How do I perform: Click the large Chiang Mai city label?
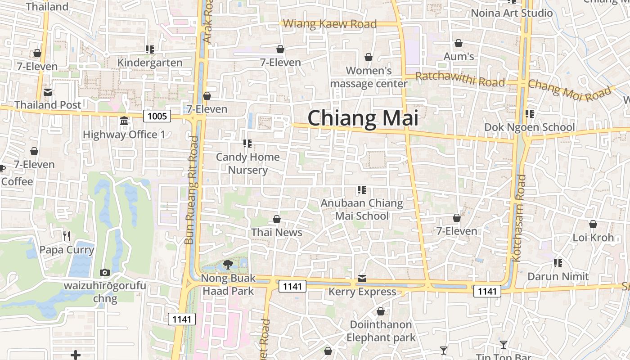(363, 118)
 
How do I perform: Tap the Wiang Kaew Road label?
(329, 23)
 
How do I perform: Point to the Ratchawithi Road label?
(460, 79)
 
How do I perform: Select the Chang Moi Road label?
(570, 91)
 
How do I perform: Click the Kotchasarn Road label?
(519, 218)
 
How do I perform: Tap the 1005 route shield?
(157, 117)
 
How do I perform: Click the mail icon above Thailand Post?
(48, 92)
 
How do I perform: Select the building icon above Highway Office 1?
(124, 121)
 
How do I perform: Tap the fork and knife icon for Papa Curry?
(67, 236)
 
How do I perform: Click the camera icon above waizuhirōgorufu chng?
(105, 272)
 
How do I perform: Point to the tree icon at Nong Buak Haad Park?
(228, 264)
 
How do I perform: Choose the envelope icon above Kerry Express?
(362, 279)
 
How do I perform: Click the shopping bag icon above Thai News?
(277, 220)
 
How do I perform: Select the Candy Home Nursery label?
(247, 163)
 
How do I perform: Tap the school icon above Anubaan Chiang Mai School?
(361, 190)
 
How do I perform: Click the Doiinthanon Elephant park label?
(381, 331)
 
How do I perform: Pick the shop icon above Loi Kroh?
(593, 224)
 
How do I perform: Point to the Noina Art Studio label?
(512, 13)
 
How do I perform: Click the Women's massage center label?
(369, 77)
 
